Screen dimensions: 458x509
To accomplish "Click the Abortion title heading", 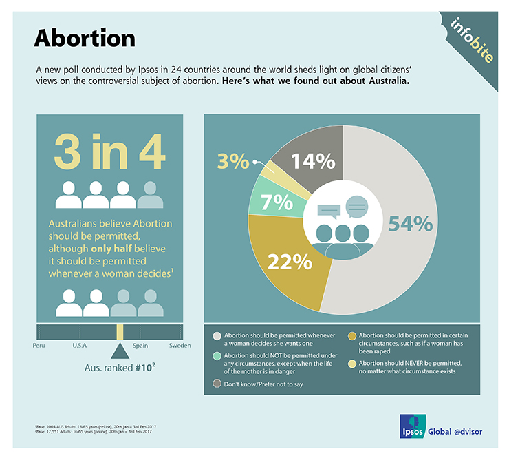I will coord(85,38).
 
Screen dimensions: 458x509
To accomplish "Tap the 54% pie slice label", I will coord(411,224).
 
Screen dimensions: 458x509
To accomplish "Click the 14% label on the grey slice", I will coord(312,161).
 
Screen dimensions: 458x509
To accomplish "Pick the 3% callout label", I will coord(233,163).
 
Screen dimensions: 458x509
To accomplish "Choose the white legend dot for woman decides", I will coord(218,335).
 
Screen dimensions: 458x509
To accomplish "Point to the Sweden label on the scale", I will coord(180,344).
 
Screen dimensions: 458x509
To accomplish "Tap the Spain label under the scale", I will coord(140,344).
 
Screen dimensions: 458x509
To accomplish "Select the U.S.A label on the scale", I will coord(79,344).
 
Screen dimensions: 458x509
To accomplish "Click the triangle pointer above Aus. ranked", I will coord(120,351).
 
